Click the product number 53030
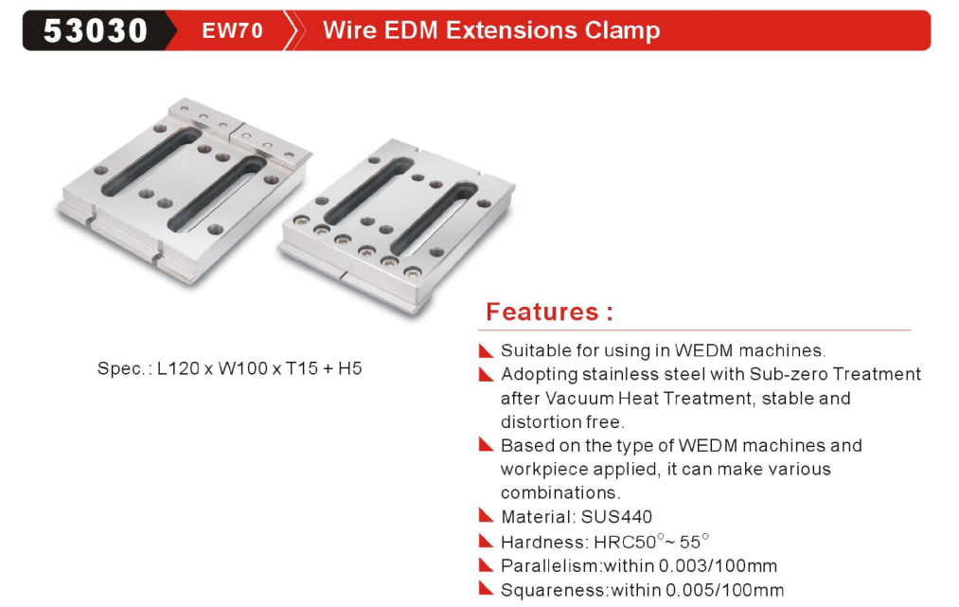(x=95, y=30)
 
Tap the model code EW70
(x=232, y=30)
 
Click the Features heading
(x=549, y=312)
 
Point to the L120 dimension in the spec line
(x=177, y=368)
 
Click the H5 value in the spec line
(x=350, y=368)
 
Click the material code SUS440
(x=616, y=517)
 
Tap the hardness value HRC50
(x=625, y=543)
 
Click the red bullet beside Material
(x=486, y=516)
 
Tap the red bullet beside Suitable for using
(x=486, y=350)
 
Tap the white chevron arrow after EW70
(x=295, y=30)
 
